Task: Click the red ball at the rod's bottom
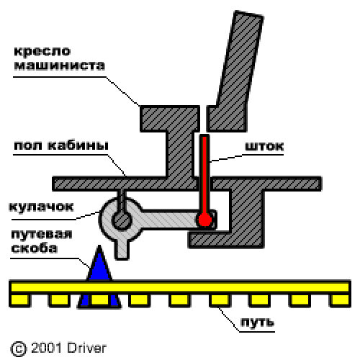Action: pyautogui.click(x=204, y=220)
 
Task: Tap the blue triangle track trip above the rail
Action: pyautogui.click(x=99, y=265)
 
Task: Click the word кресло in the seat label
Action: pyautogui.click(x=42, y=52)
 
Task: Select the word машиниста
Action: pyautogui.click(x=60, y=66)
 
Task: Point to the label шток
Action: pyautogui.click(x=264, y=146)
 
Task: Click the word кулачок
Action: pyautogui.click(x=41, y=207)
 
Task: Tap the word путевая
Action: pyautogui.click(x=42, y=234)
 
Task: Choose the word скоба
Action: pyautogui.click(x=35, y=248)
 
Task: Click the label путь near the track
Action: pyautogui.click(x=257, y=322)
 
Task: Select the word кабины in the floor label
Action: pyautogui.click(x=78, y=145)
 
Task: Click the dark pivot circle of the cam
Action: pyautogui.click(x=122, y=220)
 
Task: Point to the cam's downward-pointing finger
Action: pyautogui.click(x=122, y=250)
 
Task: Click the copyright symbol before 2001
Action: pyautogui.click(x=18, y=348)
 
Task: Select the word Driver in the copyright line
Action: pyautogui.click(x=86, y=348)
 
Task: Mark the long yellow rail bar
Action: pyautogui.click(x=180, y=287)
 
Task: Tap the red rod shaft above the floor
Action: pyautogui.click(x=204, y=156)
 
